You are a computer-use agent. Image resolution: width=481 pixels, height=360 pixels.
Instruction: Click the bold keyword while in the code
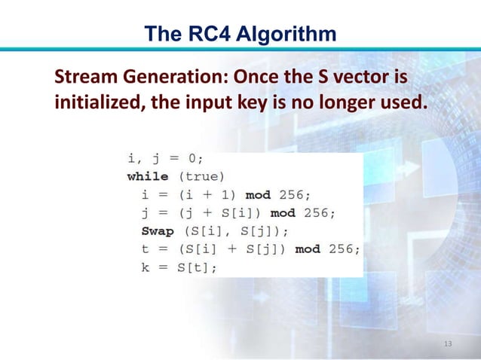pos(148,176)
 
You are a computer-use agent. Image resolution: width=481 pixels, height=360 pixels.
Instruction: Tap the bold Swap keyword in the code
pos(158,230)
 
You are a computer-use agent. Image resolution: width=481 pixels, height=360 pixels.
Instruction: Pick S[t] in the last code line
pos(194,267)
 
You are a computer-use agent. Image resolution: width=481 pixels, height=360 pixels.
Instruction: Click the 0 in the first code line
pos(192,158)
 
